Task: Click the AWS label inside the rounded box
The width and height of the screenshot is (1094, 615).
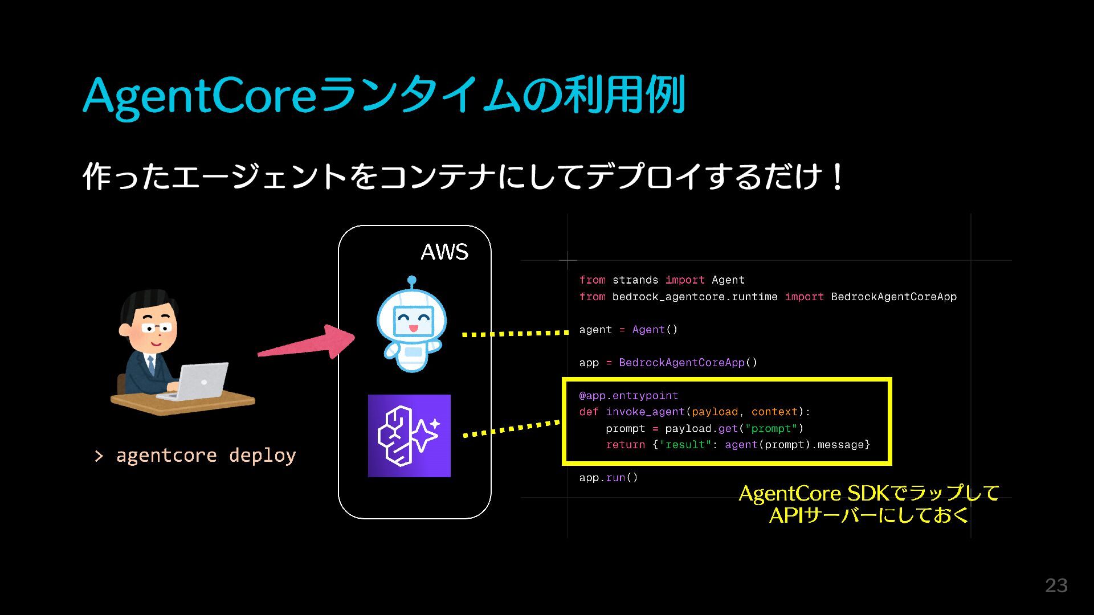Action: coord(444,252)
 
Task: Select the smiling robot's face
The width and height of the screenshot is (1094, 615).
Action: coord(413,320)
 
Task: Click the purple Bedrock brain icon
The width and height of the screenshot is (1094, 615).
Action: coord(409,436)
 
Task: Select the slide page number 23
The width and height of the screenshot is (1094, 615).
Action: coord(1056,585)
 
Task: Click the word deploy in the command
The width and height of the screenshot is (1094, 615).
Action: coord(262,456)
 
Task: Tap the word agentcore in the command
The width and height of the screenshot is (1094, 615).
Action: coord(166,456)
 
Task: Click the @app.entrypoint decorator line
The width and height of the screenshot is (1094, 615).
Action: coord(628,396)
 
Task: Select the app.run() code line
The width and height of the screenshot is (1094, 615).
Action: coord(609,478)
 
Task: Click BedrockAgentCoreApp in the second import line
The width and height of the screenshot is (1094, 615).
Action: coord(893,297)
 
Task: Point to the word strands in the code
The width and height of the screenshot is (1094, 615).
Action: coord(635,280)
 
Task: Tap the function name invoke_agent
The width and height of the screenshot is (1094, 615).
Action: coord(645,412)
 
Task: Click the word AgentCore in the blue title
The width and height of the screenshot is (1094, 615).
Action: coord(199,96)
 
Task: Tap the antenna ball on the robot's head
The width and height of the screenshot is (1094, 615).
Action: coord(412,280)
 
